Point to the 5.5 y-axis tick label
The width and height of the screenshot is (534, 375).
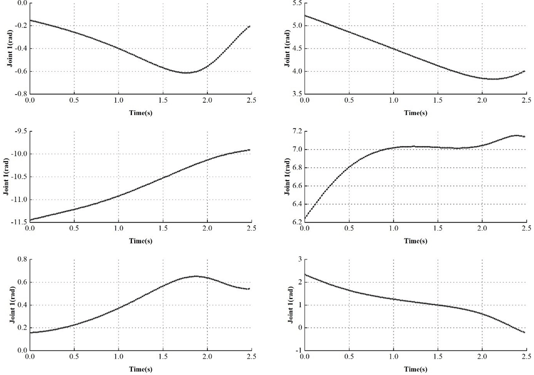pyautogui.click(x=296, y=3)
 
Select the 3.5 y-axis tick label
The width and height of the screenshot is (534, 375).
pyautogui.click(x=296, y=94)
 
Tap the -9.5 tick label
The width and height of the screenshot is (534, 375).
pyautogui.click(x=19, y=131)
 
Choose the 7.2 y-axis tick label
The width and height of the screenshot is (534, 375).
pyautogui.click(x=296, y=131)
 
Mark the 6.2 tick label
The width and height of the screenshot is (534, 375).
pyautogui.click(x=296, y=221)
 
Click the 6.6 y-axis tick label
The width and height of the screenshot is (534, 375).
pyautogui.click(x=296, y=186)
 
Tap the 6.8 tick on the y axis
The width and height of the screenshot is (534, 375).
pyautogui.click(x=296, y=167)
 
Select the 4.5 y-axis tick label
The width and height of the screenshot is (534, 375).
pyautogui.click(x=296, y=48)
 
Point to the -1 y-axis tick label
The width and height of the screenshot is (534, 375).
pyautogui.click(x=298, y=350)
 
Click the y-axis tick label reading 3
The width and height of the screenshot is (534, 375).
pyautogui.click(x=300, y=259)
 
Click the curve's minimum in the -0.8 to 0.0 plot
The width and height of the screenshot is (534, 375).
pyautogui.click(x=186, y=73)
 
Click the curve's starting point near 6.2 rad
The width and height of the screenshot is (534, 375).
pyautogui.click(x=305, y=218)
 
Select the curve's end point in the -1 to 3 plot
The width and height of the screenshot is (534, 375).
pyautogui.click(x=524, y=332)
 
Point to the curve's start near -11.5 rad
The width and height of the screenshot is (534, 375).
pyautogui.click(x=30, y=220)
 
